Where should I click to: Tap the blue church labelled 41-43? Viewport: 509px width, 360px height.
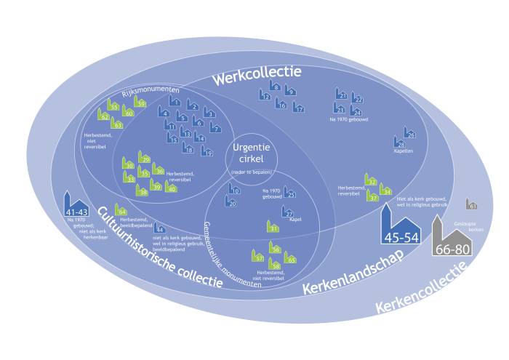(76, 205)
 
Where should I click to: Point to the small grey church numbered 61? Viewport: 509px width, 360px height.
(472, 205)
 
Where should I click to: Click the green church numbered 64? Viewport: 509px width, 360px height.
(121, 211)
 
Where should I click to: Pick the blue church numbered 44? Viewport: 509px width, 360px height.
(159, 228)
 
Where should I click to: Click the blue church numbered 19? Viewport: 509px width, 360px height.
(207, 152)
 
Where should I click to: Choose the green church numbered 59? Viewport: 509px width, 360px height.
(140, 103)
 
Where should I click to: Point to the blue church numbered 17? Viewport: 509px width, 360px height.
(298, 108)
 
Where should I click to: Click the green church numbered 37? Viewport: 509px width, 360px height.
(372, 195)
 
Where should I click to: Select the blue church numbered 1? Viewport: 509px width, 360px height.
(175, 100)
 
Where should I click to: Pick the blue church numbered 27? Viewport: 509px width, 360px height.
(288, 213)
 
